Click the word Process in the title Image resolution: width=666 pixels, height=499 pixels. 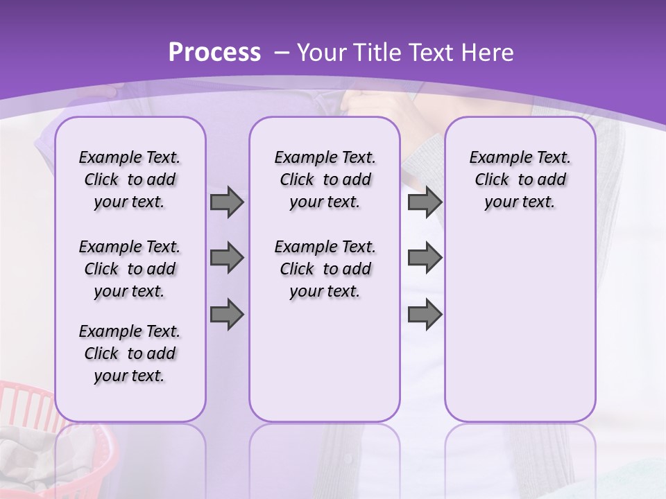[x=214, y=52]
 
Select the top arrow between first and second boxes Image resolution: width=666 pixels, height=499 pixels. [x=227, y=202]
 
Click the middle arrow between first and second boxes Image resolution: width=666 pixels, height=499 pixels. [x=227, y=258]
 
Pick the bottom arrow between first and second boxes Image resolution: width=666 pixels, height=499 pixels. [x=227, y=314]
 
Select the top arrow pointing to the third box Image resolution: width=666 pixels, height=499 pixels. [x=425, y=202]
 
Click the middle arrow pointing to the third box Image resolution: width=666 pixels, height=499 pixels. [x=425, y=258]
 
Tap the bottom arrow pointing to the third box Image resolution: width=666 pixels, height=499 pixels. [x=425, y=314]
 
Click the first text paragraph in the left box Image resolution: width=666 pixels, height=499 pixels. [x=130, y=180]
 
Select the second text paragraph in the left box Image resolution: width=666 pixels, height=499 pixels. [x=130, y=269]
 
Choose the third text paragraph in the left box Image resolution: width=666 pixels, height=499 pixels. [x=130, y=353]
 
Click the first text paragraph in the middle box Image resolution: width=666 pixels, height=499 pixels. [x=325, y=180]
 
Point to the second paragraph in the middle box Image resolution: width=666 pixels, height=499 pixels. [x=325, y=269]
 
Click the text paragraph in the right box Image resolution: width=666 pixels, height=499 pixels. [x=520, y=180]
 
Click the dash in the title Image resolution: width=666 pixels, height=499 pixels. [x=282, y=53]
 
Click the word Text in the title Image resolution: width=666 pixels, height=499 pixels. [x=430, y=52]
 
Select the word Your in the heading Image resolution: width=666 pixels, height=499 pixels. [x=322, y=52]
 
